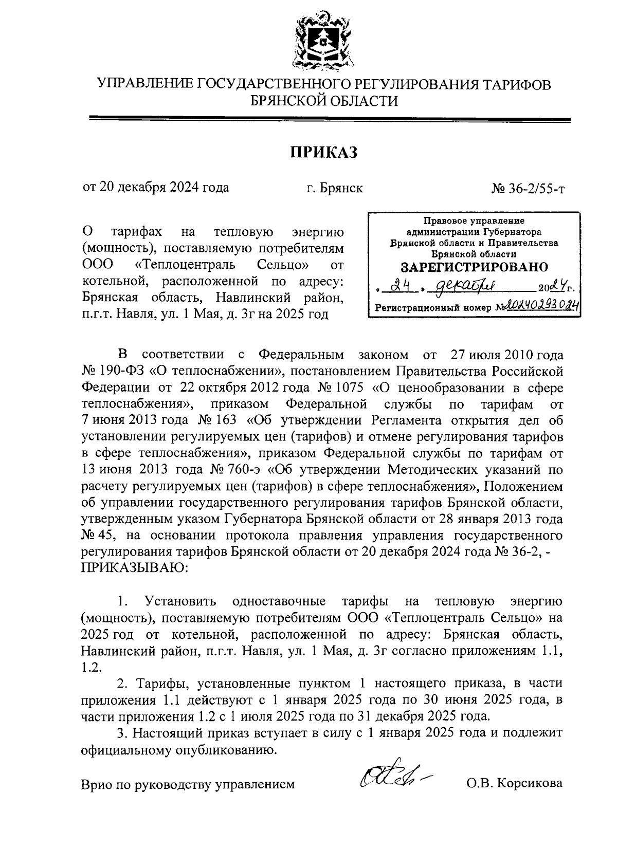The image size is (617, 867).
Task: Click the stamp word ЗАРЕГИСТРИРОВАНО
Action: [474, 267]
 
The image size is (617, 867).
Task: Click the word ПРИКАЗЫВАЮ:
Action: [135, 568]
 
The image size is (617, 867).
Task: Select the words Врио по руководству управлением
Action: [188, 784]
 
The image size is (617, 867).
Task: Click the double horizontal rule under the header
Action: [329, 120]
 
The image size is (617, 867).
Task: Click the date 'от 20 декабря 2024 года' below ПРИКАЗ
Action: [156, 187]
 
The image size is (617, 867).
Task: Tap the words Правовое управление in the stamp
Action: [474, 221]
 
